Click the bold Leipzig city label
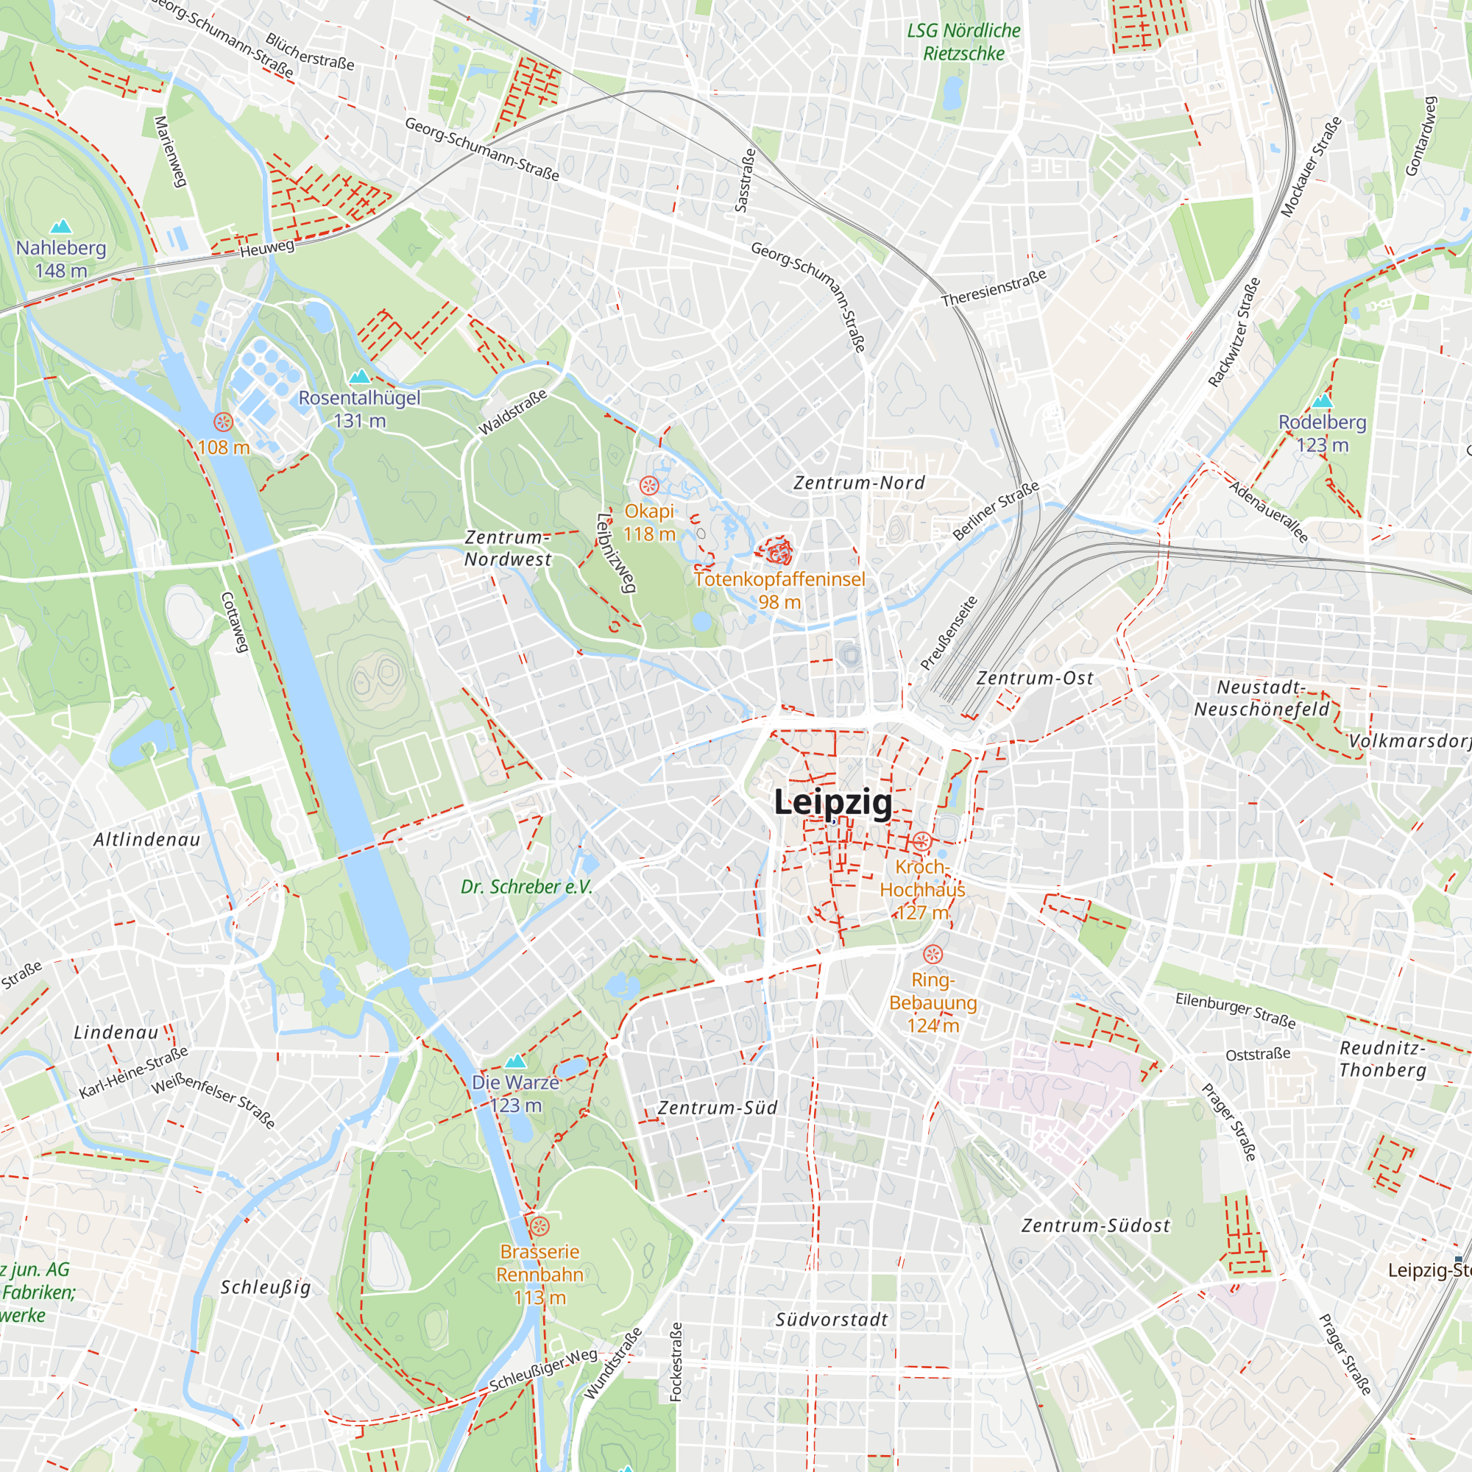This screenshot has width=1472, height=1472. coord(832,802)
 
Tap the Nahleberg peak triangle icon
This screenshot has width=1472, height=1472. coord(60,226)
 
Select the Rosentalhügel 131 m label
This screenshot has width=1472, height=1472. coord(359,408)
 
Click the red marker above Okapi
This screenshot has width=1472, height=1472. coord(649,485)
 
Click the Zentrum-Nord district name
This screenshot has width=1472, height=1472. coord(859,482)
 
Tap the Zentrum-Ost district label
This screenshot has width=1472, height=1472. coord(1035,677)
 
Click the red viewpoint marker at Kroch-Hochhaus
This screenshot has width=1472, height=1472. coord(922,842)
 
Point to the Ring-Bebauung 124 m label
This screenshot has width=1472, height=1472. coord(933,1002)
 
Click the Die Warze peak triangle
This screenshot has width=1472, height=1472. coord(516,1061)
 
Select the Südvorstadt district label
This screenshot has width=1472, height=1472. coord(831,1320)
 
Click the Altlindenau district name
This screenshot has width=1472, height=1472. coord(147,840)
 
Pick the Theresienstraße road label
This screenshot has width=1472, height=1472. coord(994,288)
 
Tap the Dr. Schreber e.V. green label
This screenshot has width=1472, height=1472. coord(526,886)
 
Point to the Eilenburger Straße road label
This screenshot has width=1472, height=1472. coord(1235,1010)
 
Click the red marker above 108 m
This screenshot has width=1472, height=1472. coord(223,422)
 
